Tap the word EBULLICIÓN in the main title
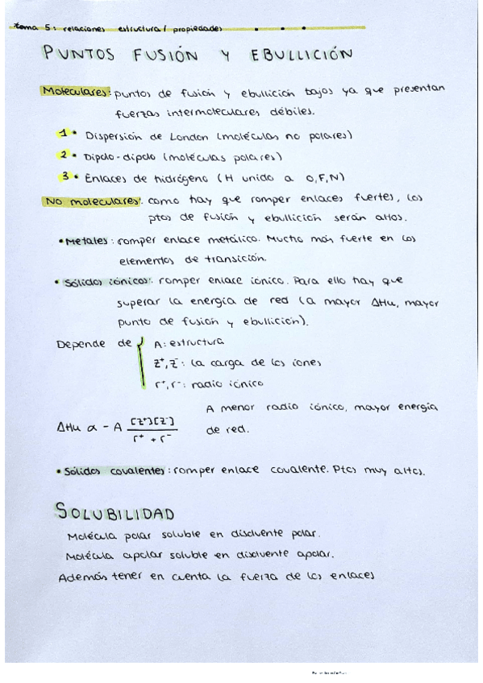pyautogui.click(x=302, y=56)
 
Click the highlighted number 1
pyautogui.click(x=63, y=133)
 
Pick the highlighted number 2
pyautogui.click(x=63, y=154)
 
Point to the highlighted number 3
pyautogui.click(x=63, y=176)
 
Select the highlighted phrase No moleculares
pyautogui.click(x=92, y=201)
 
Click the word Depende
pyautogui.click(x=83, y=344)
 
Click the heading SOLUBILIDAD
pyautogui.click(x=115, y=512)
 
